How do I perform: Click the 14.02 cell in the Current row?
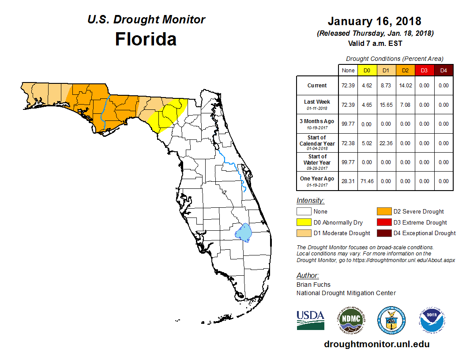pyautogui.click(x=405, y=86)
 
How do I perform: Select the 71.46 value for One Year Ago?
pyautogui.click(x=366, y=181)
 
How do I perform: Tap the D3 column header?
pyautogui.click(x=424, y=70)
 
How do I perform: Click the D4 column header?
pyautogui.click(x=443, y=70)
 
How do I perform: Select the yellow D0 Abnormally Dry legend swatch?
pyautogui.click(x=304, y=222)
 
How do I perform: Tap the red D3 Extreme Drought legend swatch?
pyautogui.click(x=383, y=222)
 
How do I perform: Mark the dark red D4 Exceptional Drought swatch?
pyautogui.click(x=383, y=233)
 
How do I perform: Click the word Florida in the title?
pyautogui.click(x=146, y=39)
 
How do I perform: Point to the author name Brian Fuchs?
pyautogui.click(x=313, y=285)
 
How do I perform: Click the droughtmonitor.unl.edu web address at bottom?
pyautogui.click(x=376, y=344)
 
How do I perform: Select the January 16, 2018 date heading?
pyautogui.click(x=374, y=21)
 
